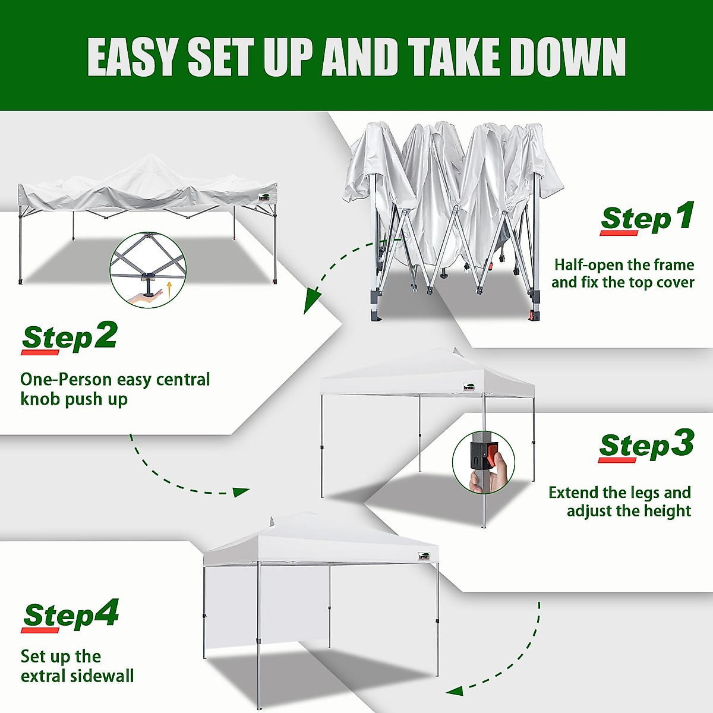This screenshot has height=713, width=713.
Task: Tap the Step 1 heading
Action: pos(646,217)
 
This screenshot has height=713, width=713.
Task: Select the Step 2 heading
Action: pos(69,337)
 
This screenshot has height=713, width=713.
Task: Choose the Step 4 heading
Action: pos(71,615)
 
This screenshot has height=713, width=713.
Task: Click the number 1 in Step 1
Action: pos(684,215)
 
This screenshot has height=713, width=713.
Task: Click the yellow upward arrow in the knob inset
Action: pos(169,289)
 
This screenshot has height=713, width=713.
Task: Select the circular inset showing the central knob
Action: pos(148,270)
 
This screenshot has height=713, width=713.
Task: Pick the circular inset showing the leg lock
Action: pos(483,462)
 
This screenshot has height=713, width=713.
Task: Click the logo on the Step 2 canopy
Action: pos(264,198)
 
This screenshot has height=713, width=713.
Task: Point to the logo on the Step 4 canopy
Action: pos(423,557)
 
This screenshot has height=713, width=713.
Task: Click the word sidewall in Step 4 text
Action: pos(102,676)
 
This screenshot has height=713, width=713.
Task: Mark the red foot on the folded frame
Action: pos(534,315)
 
